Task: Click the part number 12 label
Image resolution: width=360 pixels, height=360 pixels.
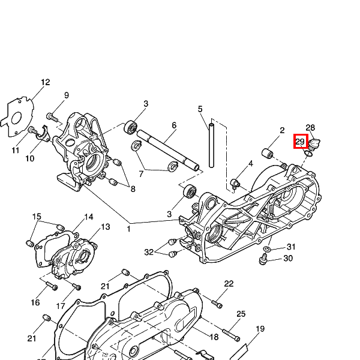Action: click(x=46, y=83)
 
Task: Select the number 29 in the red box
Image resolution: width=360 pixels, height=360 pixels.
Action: click(x=300, y=142)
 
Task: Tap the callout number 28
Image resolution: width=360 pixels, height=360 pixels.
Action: click(x=310, y=128)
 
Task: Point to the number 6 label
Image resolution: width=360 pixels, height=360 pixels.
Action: click(x=174, y=125)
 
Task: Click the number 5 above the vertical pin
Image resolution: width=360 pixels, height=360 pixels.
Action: click(x=200, y=109)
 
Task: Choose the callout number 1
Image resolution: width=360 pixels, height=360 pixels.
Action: click(x=128, y=229)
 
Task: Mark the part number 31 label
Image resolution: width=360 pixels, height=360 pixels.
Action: click(x=291, y=247)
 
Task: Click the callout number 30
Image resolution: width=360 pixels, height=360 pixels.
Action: click(x=288, y=259)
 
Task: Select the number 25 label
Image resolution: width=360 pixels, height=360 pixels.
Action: click(x=241, y=314)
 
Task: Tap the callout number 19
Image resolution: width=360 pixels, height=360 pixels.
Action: click(x=260, y=329)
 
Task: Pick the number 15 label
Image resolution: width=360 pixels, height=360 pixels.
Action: click(x=37, y=217)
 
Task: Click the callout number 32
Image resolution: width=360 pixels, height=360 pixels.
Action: click(x=149, y=251)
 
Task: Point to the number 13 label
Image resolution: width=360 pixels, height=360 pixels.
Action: click(x=105, y=227)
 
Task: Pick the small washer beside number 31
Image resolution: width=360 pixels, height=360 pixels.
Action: click(x=267, y=248)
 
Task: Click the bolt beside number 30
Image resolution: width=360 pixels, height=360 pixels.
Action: click(x=262, y=259)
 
